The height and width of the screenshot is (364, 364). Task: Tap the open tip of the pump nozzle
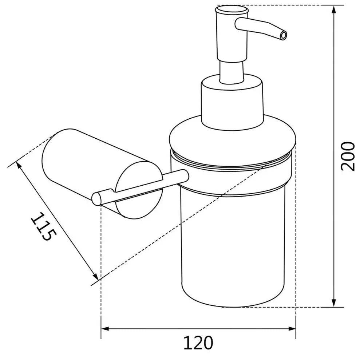(x=284, y=35)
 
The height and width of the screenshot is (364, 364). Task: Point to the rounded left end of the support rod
(x=96, y=199)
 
